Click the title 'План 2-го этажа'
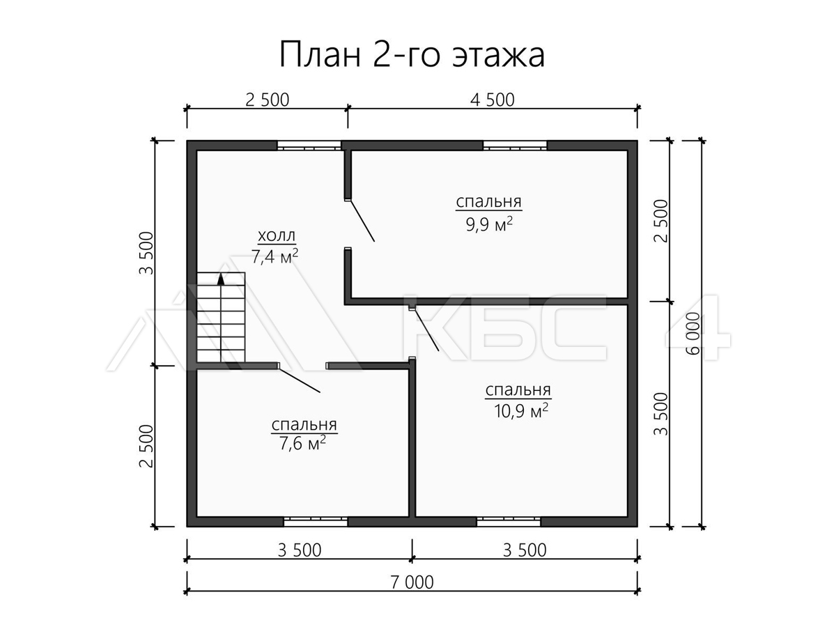(x=412, y=55)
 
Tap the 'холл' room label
(x=277, y=236)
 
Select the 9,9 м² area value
(x=489, y=224)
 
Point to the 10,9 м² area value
(x=521, y=411)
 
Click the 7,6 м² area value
(x=302, y=443)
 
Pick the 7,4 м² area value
(x=274, y=256)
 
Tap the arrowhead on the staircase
(x=221, y=279)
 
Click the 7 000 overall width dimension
(x=412, y=582)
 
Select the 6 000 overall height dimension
(x=693, y=334)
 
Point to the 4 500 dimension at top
(x=492, y=100)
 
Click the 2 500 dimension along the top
(x=268, y=100)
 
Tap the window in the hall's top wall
(x=309, y=146)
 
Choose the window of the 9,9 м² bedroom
(x=515, y=146)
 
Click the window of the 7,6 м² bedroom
(x=316, y=522)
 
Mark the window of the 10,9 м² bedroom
(x=509, y=522)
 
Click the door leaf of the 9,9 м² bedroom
(x=362, y=221)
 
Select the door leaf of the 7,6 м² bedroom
(x=300, y=380)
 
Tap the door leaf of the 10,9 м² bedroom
(x=426, y=330)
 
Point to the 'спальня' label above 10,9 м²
(x=518, y=390)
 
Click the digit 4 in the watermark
(x=698, y=327)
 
